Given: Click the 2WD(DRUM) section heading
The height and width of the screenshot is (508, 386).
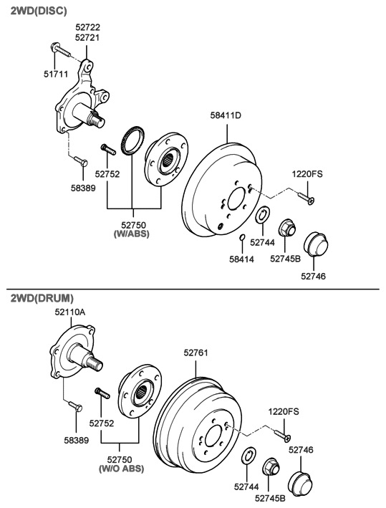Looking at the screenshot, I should click(42, 297).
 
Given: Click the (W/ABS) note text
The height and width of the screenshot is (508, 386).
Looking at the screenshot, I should click(132, 234).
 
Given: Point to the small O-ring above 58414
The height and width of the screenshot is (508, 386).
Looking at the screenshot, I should click(242, 238).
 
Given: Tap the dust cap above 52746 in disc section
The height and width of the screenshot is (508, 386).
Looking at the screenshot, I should click(316, 244).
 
